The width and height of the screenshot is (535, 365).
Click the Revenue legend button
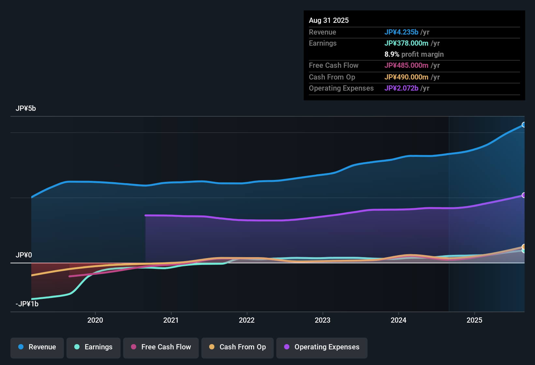click(37, 347)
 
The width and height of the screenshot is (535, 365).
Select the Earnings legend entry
click(94, 347)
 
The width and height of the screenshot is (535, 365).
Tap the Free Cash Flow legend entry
click(161, 347)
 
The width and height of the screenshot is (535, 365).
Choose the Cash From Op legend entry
click(238, 347)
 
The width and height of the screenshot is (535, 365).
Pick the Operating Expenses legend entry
click(322, 347)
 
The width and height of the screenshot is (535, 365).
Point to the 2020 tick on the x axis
click(95, 320)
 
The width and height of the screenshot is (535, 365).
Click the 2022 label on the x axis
click(247, 320)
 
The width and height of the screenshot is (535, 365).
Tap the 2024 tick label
click(398, 320)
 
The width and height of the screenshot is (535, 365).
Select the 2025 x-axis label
click(474, 320)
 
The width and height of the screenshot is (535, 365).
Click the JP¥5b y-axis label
click(26, 109)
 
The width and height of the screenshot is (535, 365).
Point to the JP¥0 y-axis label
click(24, 255)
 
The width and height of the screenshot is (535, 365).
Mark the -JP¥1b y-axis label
click(27, 304)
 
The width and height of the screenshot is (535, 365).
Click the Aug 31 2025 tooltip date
click(329, 21)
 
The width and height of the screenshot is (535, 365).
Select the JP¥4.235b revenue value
click(401, 32)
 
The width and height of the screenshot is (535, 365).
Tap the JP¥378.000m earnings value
click(406, 43)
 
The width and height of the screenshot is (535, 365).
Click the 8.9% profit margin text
click(414, 54)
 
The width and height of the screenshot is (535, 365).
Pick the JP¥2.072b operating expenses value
click(401, 88)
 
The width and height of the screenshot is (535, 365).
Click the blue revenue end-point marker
click(524, 125)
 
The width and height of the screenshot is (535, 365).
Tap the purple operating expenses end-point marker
click(524, 195)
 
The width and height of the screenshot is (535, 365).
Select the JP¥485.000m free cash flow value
click(406, 66)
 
